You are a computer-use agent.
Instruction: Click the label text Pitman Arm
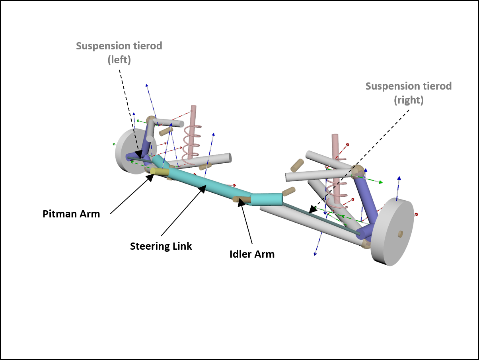point(71,214)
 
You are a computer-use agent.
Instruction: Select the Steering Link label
point(161,246)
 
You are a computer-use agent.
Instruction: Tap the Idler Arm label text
point(252,254)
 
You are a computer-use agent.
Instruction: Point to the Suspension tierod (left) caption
point(119,53)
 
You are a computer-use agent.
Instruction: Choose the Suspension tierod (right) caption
point(409,93)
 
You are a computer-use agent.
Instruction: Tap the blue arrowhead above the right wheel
point(399,179)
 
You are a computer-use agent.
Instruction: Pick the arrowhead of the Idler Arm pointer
point(241,203)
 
